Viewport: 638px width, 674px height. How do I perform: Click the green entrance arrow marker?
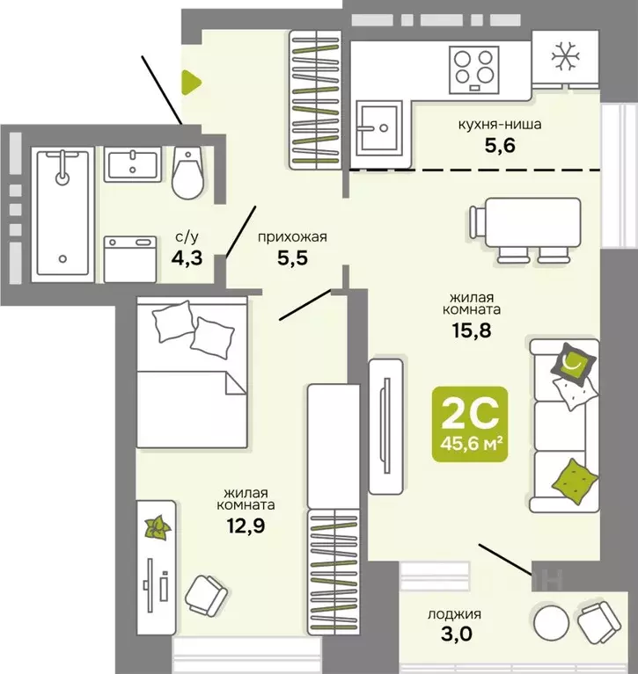coord(190,83)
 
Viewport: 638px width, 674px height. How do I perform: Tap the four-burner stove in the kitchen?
coord(473,68)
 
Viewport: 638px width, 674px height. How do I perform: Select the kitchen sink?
coord(379,128)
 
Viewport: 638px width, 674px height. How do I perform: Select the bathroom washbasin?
coord(133,164)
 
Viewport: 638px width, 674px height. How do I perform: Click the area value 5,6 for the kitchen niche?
coord(498,147)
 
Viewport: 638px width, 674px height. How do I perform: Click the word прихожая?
coord(291,236)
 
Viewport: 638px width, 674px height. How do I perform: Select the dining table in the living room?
coord(526,225)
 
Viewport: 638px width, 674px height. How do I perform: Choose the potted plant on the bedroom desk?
coord(158,527)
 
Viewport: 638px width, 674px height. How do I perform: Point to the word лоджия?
coord(456,614)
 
